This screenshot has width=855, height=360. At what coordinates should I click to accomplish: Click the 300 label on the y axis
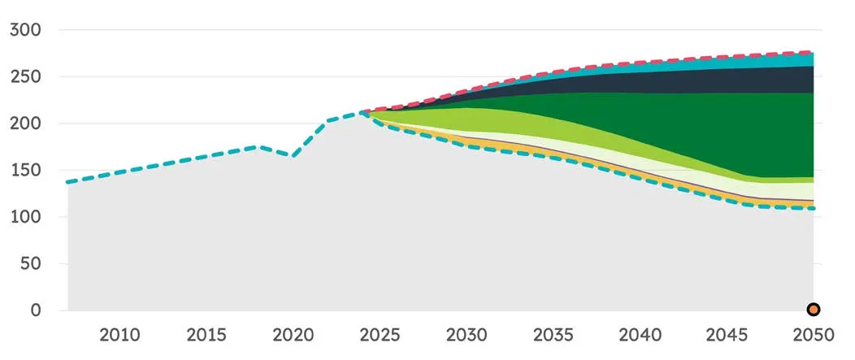26,30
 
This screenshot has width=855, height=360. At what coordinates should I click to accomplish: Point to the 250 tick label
26,77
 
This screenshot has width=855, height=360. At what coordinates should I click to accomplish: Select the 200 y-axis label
26,124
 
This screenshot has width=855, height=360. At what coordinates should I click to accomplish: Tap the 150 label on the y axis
26,171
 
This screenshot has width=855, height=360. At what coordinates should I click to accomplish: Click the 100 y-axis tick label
26,218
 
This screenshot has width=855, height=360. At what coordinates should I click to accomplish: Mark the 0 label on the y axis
36,311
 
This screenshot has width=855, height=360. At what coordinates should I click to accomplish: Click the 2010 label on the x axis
120,334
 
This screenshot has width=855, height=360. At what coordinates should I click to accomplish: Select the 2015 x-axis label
206,334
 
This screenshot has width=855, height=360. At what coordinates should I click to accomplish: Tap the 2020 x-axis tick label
293,334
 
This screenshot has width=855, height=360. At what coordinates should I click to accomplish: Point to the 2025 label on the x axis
380,334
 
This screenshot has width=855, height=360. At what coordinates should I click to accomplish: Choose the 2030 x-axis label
467,334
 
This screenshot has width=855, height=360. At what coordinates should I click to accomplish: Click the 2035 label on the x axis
553,334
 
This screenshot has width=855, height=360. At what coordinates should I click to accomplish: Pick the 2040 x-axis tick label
640,334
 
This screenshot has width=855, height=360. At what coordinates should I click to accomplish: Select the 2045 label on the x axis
727,334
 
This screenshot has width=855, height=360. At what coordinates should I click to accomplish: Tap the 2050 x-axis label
814,334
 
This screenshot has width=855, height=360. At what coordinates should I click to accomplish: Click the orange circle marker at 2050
814,310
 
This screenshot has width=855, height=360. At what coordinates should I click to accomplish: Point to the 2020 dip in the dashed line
293,156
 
